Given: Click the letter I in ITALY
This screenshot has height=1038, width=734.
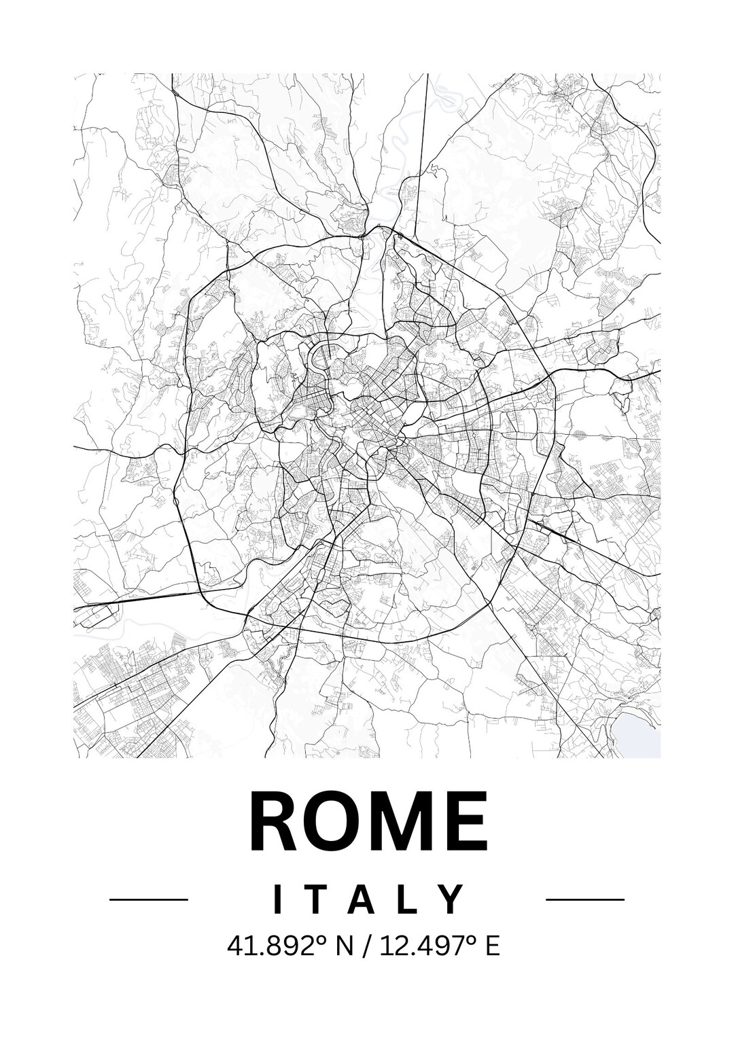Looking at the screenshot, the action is point(277,899).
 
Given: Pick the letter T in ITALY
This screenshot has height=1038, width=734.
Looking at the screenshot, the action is point(317,899).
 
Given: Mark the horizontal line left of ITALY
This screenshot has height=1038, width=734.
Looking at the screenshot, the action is point(148,899).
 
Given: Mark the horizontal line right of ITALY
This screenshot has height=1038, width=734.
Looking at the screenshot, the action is point(585,899).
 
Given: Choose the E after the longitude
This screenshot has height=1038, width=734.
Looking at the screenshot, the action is point(492,946).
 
